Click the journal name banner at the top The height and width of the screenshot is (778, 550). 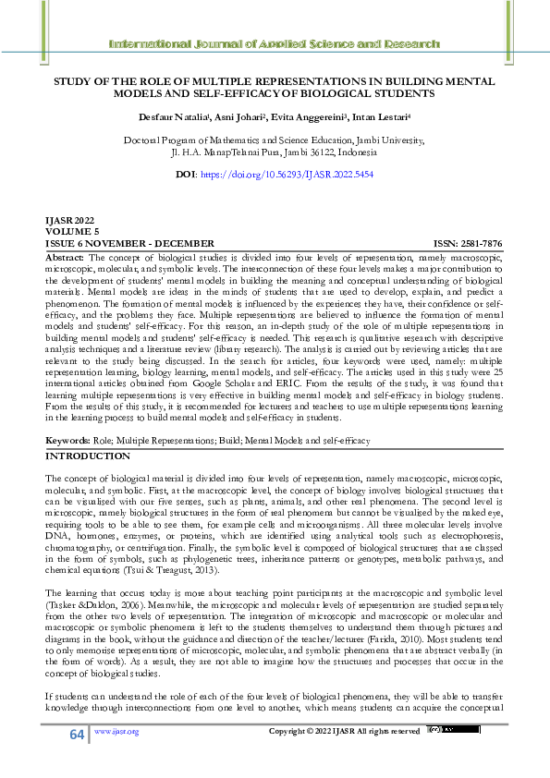275,43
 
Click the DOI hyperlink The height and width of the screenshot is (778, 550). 299,174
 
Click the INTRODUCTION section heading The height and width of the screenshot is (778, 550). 88,456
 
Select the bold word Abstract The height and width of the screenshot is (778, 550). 64,254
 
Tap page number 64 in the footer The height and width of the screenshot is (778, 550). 76,734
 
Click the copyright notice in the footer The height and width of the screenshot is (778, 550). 343,732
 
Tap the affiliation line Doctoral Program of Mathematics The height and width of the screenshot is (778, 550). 275,141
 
